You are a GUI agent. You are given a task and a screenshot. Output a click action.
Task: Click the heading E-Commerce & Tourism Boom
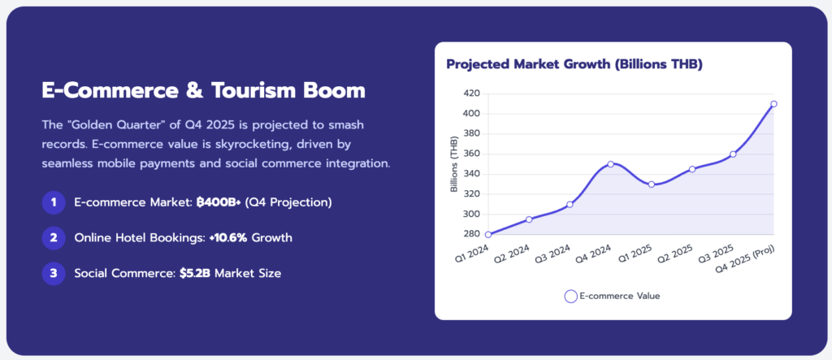click(203, 89)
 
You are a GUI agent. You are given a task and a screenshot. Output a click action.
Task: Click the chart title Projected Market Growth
click(574, 64)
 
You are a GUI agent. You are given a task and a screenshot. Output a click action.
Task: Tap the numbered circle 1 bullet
click(53, 202)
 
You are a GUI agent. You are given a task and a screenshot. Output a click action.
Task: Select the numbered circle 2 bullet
click(53, 237)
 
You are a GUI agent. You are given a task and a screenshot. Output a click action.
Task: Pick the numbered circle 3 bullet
click(53, 273)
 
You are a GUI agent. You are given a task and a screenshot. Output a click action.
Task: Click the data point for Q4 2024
click(610, 164)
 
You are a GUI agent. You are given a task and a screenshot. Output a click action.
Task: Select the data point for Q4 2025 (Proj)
click(773, 104)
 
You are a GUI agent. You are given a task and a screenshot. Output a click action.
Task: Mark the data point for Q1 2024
click(487, 235)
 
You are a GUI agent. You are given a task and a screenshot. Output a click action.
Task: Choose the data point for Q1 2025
click(651, 184)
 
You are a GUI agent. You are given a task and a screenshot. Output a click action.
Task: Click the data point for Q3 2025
click(733, 154)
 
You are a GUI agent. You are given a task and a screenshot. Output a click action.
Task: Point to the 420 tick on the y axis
click(470, 93)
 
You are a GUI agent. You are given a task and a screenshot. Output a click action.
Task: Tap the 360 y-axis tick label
click(470, 154)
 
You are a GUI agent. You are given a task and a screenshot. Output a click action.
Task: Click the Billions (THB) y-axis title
click(454, 164)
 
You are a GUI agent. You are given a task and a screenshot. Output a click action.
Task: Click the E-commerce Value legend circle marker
click(571, 297)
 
